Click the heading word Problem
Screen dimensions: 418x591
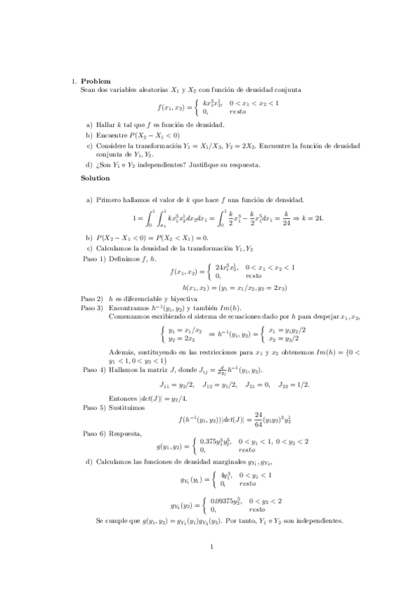pos(96,81)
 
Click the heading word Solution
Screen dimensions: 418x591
pos(96,178)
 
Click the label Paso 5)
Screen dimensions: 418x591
pos(92,408)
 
